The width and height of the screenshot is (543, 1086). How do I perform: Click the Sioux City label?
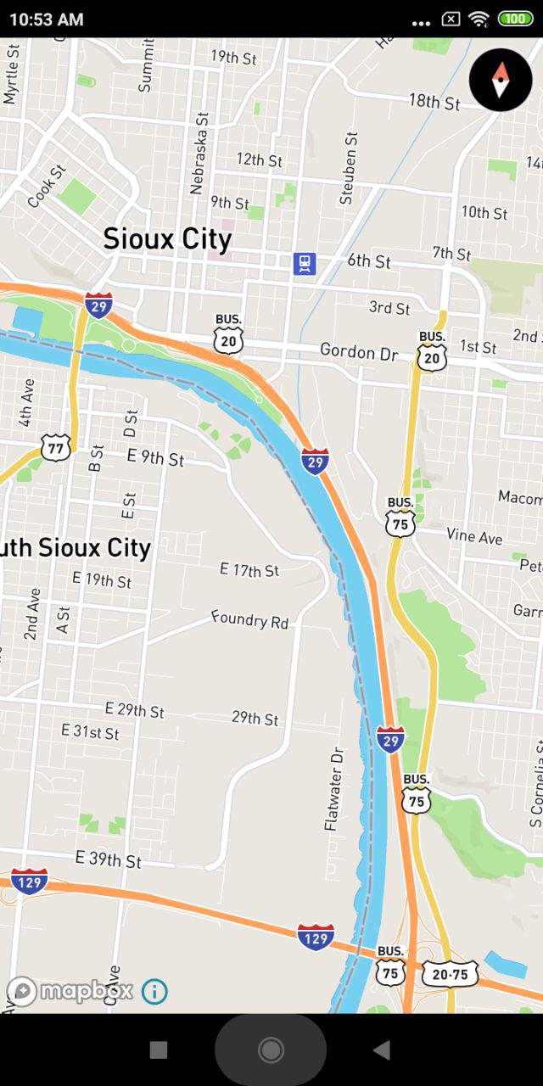(167, 239)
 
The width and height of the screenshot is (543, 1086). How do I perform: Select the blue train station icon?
(305, 263)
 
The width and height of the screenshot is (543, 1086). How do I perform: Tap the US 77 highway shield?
(55, 446)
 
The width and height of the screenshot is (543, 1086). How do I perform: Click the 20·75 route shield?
(450, 974)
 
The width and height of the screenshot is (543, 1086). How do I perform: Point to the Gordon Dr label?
(358, 351)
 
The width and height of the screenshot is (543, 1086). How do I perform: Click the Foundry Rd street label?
(250, 619)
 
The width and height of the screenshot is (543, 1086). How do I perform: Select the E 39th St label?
(108, 859)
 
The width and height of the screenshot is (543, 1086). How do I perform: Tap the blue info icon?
(154, 991)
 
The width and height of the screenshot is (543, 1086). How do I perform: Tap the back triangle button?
(382, 1050)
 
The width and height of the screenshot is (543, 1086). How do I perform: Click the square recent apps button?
(159, 1050)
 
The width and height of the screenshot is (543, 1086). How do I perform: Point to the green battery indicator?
(515, 19)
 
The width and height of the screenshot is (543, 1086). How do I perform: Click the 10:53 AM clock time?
(47, 19)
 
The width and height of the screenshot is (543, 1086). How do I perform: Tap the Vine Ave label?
(474, 536)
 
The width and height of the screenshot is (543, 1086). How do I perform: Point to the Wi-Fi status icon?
(479, 19)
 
